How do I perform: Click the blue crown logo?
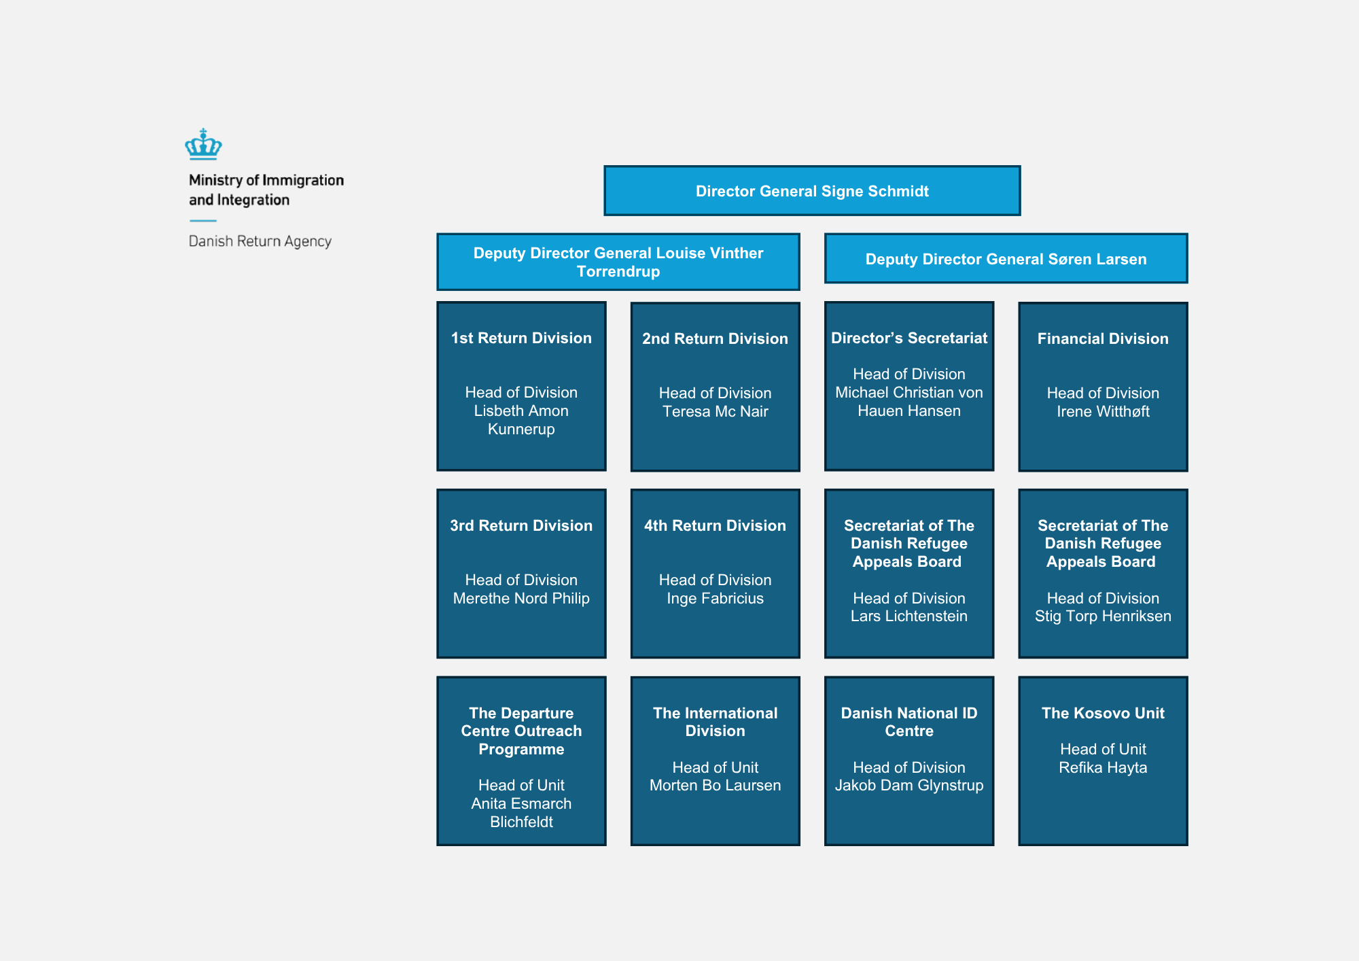(203, 144)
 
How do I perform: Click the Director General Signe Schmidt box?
(812, 190)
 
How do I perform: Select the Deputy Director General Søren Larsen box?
(1006, 258)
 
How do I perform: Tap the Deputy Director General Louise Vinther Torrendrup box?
(618, 262)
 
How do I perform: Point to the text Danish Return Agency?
(260, 241)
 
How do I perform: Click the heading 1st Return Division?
(521, 338)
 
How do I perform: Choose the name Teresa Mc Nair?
(716, 411)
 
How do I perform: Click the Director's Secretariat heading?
(909, 338)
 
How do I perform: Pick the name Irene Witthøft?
(1103, 411)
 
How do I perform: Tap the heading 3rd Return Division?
(521, 525)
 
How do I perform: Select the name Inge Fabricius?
(716, 598)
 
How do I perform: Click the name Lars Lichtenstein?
(909, 616)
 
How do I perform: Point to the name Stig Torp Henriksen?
(1103, 616)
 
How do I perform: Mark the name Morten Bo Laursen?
(716, 785)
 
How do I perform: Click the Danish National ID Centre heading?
(909, 722)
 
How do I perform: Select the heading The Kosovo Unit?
(1103, 713)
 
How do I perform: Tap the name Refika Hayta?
(1103, 767)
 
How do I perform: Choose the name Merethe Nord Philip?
(521, 598)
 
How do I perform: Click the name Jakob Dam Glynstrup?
(909, 785)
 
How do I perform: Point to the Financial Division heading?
(1103, 338)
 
